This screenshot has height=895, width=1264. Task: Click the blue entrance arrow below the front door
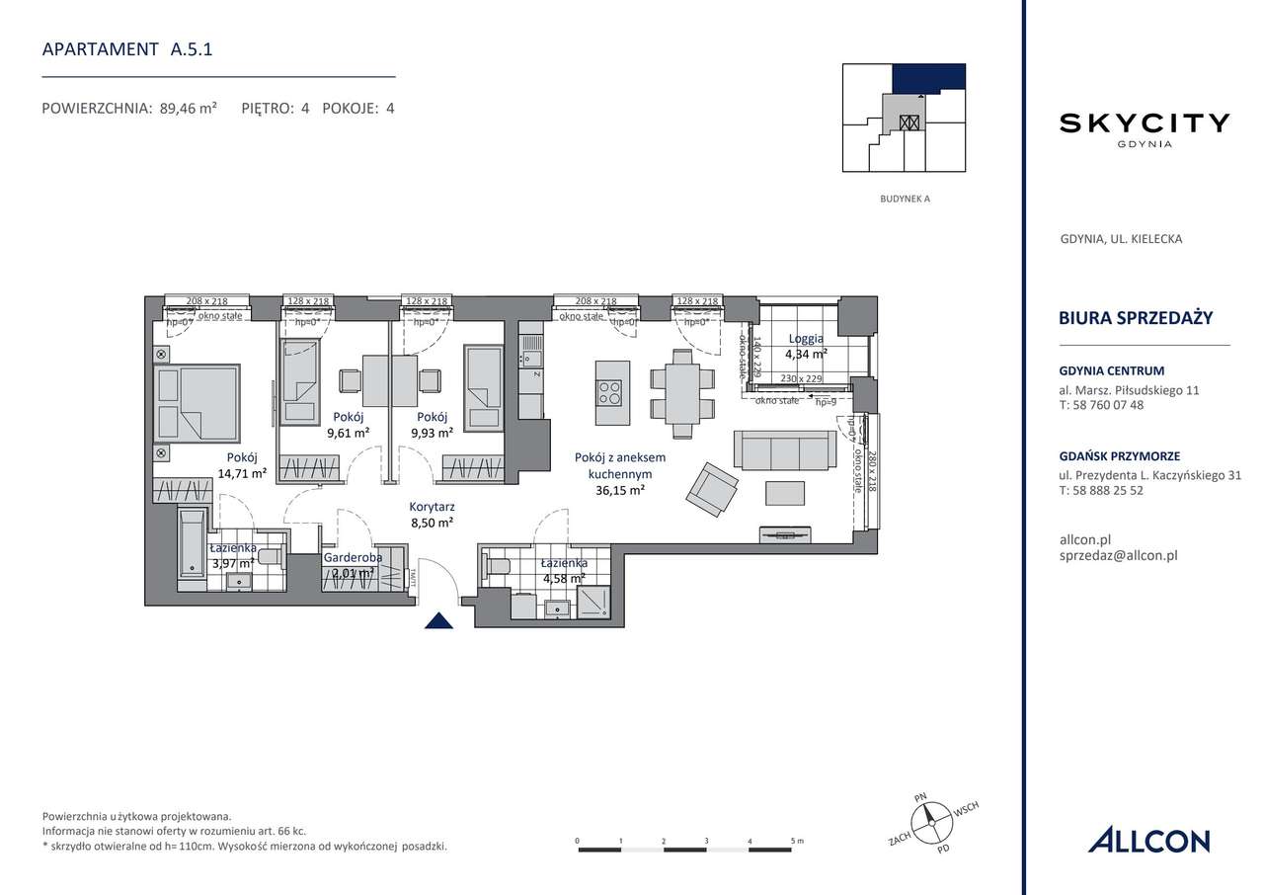pos(438,620)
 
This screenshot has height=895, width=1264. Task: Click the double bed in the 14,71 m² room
pos(197,402)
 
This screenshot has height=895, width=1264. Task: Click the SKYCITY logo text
pos(1145,123)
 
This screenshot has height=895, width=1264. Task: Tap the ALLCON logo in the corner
pos(1148,841)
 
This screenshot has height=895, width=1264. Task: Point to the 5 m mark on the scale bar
pos(794,842)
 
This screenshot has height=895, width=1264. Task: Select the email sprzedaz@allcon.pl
pos(1117,555)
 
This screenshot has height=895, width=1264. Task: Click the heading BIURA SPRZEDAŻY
pos(1135,318)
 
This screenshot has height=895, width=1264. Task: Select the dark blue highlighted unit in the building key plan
pos(928,78)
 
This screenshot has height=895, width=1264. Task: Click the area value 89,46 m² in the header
pos(187,109)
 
